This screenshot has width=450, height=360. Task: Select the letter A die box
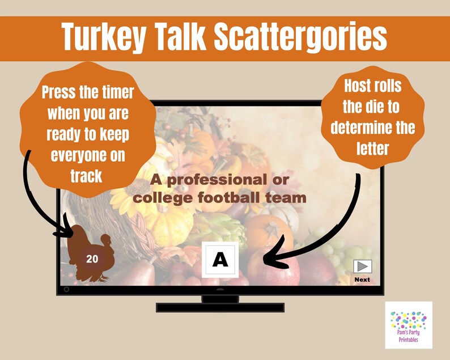pyautogui.click(x=220, y=260)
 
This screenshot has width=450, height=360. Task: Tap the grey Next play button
pyautogui.click(x=362, y=266)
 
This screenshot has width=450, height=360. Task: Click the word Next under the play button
pyautogui.click(x=362, y=279)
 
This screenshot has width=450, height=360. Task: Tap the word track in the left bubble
pyautogui.click(x=86, y=176)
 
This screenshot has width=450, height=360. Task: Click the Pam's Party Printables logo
pyautogui.click(x=408, y=325)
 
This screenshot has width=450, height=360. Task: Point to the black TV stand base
pyautogui.click(x=220, y=307)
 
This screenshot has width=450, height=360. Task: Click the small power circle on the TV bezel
pyautogui.click(x=66, y=290)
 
